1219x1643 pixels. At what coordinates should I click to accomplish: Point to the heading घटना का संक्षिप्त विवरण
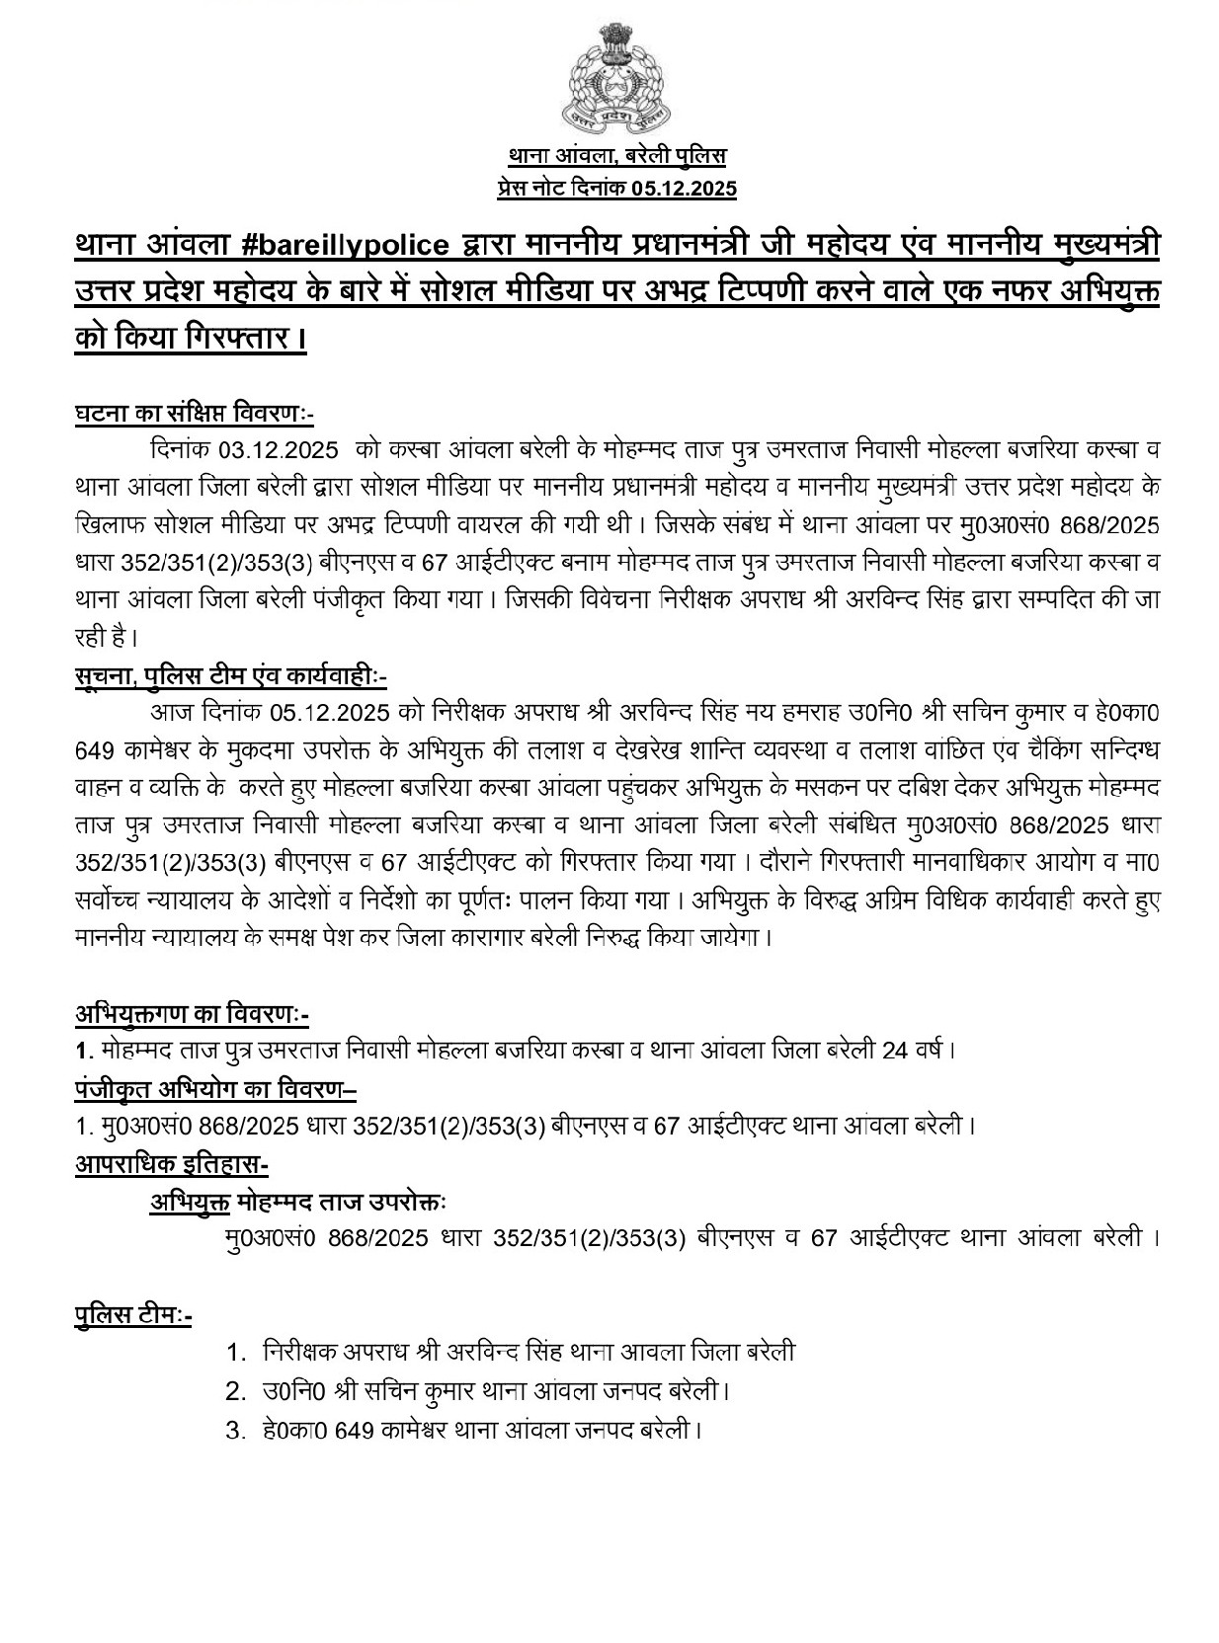click(x=194, y=412)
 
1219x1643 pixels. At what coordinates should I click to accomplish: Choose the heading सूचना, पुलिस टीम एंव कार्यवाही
click(x=230, y=675)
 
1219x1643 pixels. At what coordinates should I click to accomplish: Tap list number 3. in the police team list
click(x=235, y=1430)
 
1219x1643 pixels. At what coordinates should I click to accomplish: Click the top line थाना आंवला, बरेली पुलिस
click(x=616, y=157)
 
